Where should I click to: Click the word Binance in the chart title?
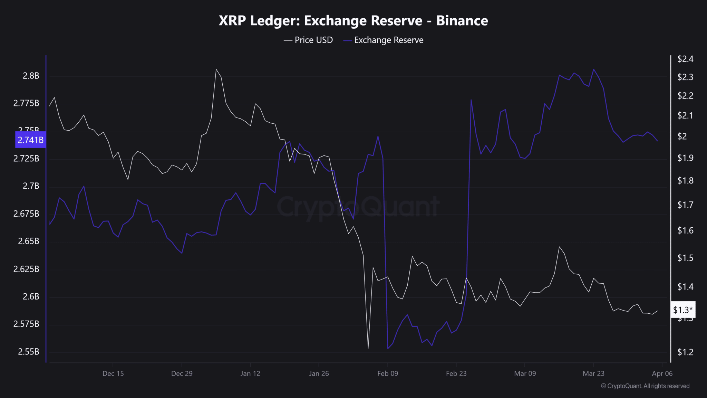click(462, 21)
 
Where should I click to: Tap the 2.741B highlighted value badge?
click(30, 140)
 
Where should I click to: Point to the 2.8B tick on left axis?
click(31, 76)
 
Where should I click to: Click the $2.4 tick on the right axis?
click(685, 59)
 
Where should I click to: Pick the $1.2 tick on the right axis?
click(685, 352)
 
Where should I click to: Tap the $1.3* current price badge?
click(682, 310)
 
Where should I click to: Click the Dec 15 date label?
click(113, 373)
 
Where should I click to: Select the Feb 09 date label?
click(387, 373)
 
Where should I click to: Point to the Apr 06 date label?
click(662, 373)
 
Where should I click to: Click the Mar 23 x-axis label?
click(593, 373)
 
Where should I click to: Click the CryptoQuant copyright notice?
click(645, 386)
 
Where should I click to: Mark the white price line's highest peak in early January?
click(216, 69)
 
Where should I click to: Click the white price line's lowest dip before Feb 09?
click(368, 348)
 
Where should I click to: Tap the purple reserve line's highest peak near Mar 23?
click(594, 69)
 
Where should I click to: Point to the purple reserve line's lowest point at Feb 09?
click(388, 348)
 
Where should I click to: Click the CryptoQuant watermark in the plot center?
click(358, 207)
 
